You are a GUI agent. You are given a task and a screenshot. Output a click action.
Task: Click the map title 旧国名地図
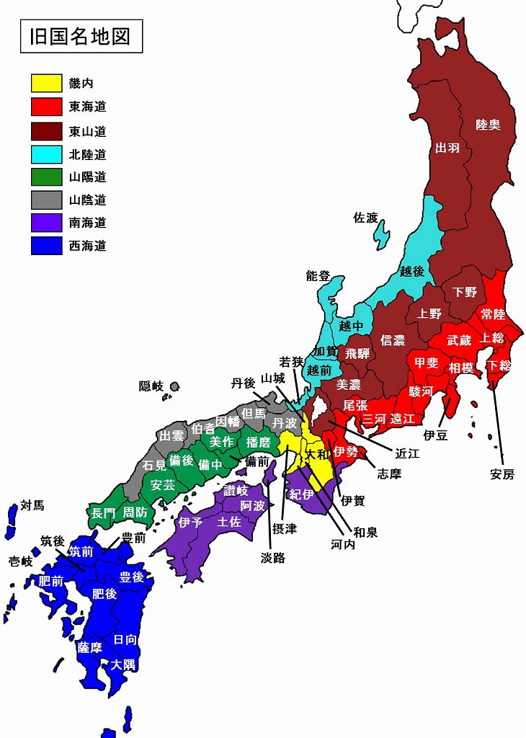(x=81, y=36)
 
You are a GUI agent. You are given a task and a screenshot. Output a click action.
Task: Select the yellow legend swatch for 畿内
(x=46, y=83)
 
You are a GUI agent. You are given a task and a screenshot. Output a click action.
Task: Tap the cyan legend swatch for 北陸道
(x=46, y=154)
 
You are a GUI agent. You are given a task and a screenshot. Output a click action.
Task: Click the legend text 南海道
(x=88, y=223)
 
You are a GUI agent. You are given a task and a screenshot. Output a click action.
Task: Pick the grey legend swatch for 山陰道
(x=46, y=200)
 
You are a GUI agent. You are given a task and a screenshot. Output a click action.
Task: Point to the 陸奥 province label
(x=489, y=125)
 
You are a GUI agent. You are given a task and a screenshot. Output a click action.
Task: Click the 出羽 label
(x=447, y=148)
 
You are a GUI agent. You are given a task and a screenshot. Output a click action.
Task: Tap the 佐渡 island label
(x=365, y=217)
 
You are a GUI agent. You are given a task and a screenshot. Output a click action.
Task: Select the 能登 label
(x=318, y=275)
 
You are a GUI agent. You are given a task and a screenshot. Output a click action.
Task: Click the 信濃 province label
(x=393, y=339)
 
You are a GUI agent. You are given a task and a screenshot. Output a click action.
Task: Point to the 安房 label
(x=502, y=474)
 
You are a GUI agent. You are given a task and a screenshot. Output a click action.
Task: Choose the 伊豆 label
(x=436, y=435)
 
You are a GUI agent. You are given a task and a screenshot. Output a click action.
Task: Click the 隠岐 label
(x=151, y=386)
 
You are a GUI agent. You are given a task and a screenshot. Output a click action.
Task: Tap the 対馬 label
(x=32, y=504)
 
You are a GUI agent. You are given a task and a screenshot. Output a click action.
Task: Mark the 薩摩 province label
(x=90, y=647)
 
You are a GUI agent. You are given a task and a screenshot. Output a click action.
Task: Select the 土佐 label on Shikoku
(x=229, y=522)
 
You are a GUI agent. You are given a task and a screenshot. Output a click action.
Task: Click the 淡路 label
(x=273, y=556)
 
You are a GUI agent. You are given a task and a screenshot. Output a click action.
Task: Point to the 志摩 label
(x=389, y=474)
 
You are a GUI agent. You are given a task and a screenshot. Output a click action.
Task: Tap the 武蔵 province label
(x=459, y=339)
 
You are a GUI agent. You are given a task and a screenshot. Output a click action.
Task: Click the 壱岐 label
(x=20, y=561)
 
